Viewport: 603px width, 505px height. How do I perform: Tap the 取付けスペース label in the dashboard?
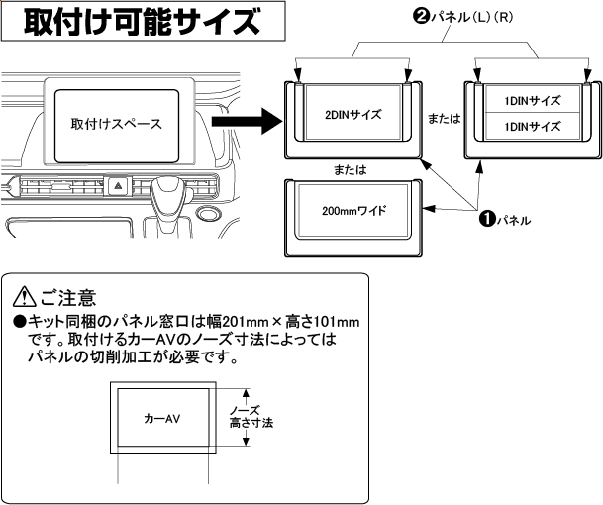(116, 125)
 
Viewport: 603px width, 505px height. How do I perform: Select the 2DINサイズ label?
(353, 113)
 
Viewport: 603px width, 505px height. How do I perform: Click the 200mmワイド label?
(353, 211)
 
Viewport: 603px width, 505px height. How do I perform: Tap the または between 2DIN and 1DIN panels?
(443, 117)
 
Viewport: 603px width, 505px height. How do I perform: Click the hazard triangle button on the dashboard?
(117, 185)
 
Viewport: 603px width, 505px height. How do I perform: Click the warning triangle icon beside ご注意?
(24, 297)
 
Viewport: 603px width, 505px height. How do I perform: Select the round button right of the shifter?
(208, 213)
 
